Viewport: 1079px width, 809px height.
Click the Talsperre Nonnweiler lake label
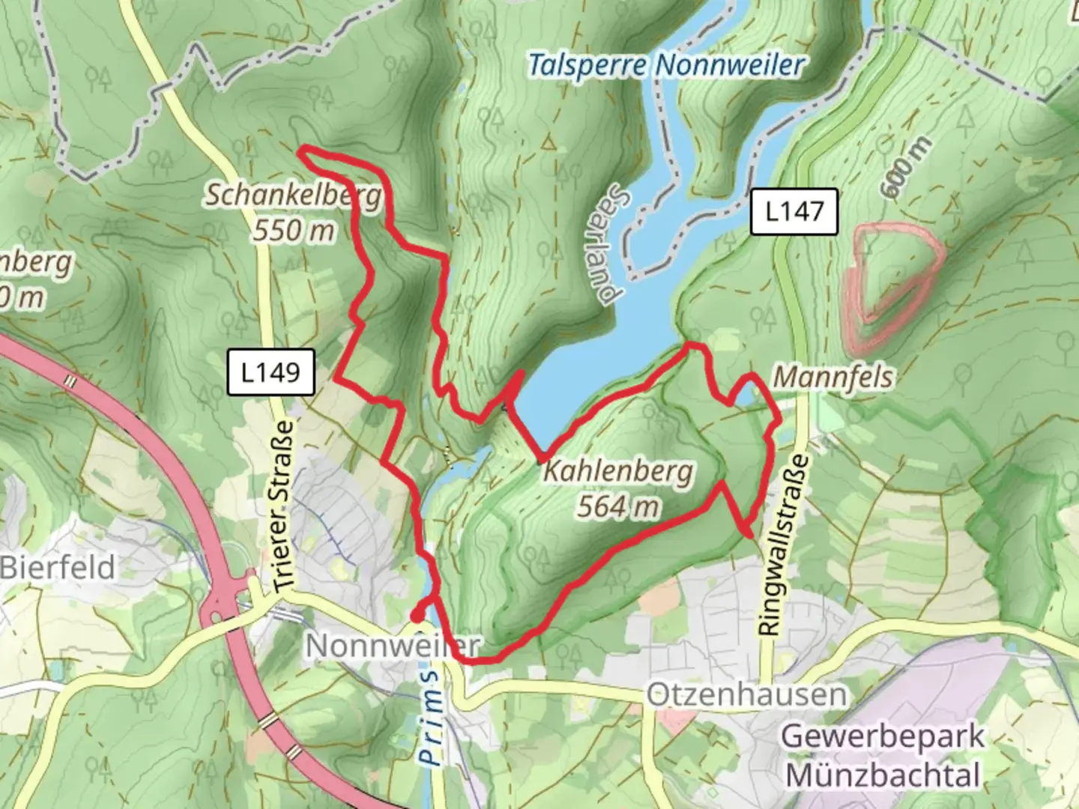665,65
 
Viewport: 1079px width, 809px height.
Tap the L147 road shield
794,211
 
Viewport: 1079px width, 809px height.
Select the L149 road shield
270,372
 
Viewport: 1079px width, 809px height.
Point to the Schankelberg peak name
293,196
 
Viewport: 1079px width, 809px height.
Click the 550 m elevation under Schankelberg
293,230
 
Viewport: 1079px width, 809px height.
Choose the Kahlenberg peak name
618,472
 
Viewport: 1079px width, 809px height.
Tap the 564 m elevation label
618,506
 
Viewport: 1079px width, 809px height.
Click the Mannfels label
832,377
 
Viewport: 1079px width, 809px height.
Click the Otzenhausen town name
746,694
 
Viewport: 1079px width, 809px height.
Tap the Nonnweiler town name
391,645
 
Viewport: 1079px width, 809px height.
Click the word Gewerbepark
883,736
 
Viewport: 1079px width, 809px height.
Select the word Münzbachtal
883,775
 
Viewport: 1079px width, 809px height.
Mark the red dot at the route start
414,616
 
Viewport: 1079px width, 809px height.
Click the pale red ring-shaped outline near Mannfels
892,285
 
